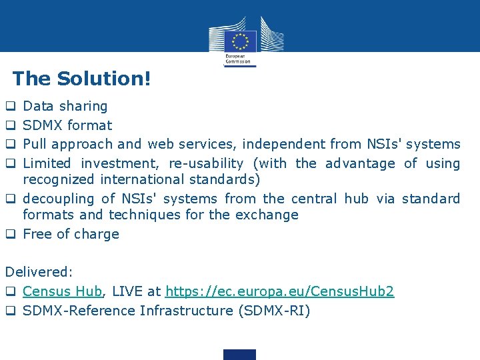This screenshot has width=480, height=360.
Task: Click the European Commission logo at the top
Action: [240, 41]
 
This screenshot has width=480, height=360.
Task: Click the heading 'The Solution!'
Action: [81, 79]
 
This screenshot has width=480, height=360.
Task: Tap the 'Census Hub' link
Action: [62, 291]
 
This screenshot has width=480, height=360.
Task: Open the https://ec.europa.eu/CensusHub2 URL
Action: [279, 291]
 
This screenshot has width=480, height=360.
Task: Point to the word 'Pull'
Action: [35, 144]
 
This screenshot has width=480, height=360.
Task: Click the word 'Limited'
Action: [47, 163]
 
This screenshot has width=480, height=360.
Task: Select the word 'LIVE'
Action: [126, 291]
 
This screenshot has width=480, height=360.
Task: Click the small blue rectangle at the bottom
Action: [240, 354]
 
